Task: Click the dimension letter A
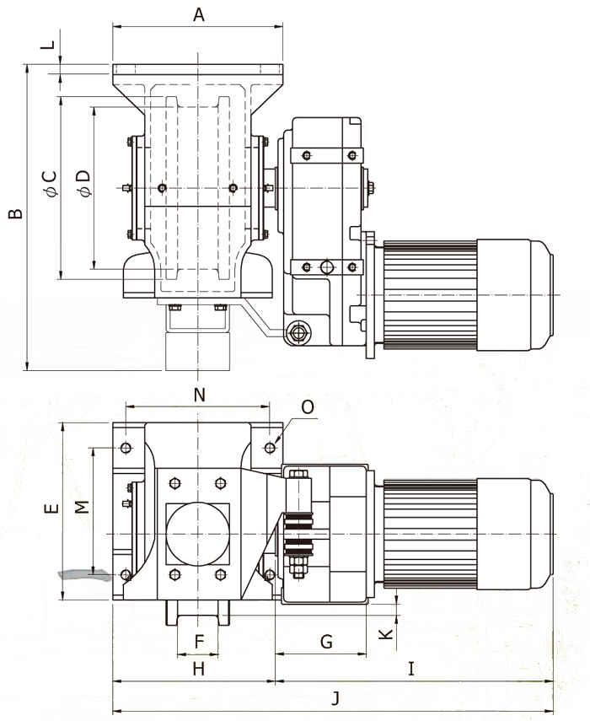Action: tap(198, 14)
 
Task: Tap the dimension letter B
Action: tap(16, 213)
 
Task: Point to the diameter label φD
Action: tap(84, 184)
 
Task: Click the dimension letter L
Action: tap(50, 45)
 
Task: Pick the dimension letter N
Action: tap(199, 395)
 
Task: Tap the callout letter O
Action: tap(308, 407)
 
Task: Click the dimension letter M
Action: tap(81, 507)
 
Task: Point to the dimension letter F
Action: tap(199, 642)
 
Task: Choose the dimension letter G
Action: tap(326, 642)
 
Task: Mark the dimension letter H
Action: tap(199, 669)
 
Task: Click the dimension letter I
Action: tap(411, 669)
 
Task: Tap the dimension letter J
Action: tap(335, 698)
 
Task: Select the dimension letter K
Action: tap(386, 633)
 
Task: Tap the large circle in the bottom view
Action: tap(197, 534)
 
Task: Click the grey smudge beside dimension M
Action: tap(84, 575)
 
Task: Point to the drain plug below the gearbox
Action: tap(298, 332)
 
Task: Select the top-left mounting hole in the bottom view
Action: tap(126, 448)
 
